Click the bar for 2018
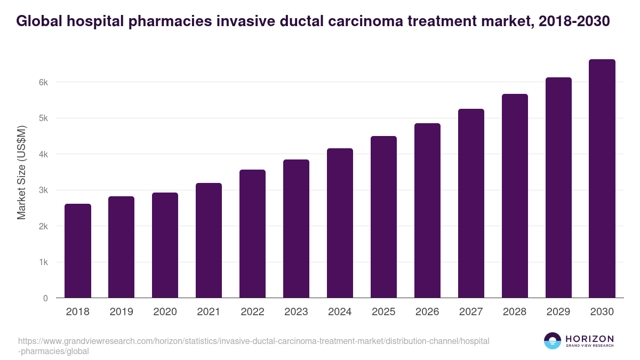(78, 251)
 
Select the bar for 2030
(602, 179)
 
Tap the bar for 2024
(340, 223)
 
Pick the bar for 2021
(209, 241)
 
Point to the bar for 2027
(471, 203)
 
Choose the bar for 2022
(252, 234)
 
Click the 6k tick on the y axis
(43, 83)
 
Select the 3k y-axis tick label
(43, 190)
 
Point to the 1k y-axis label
(43, 262)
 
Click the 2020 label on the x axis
(165, 312)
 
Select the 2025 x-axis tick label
(383, 312)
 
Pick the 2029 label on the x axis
(558, 312)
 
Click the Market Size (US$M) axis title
(22, 173)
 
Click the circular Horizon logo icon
(552, 341)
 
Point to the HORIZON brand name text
(589, 339)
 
